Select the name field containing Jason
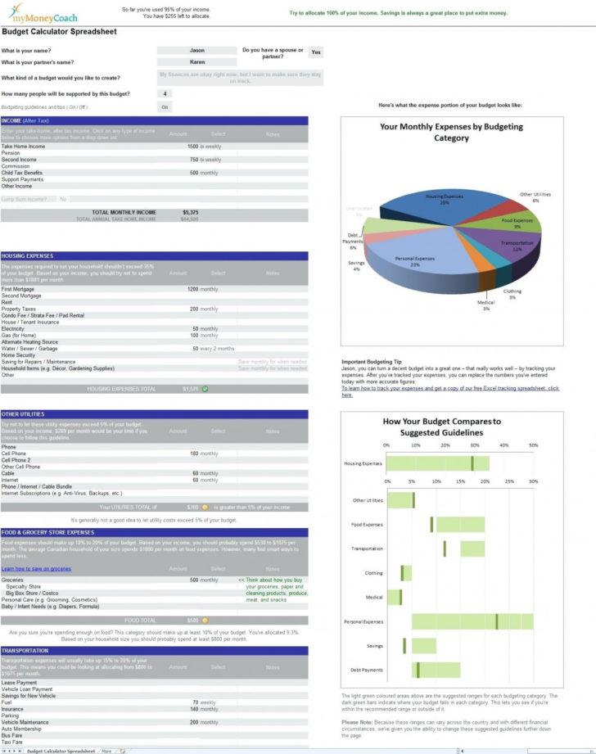pyautogui.click(x=196, y=51)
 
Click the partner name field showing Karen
pyautogui.click(x=196, y=61)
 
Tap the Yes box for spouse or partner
pyautogui.click(x=315, y=52)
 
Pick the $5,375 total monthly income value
pyautogui.click(x=190, y=212)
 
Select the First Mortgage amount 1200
pyautogui.click(x=192, y=289)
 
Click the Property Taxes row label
pyautogui.click(x=19, y=309)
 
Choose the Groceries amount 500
pyautogui.click(x=194, y=580)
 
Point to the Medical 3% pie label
pyautogui.click(x=486, y=305)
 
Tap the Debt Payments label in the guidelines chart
pyautogui.click(x=366, y=669)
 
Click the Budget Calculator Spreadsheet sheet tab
pyautogui.click(x=61, y=750)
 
